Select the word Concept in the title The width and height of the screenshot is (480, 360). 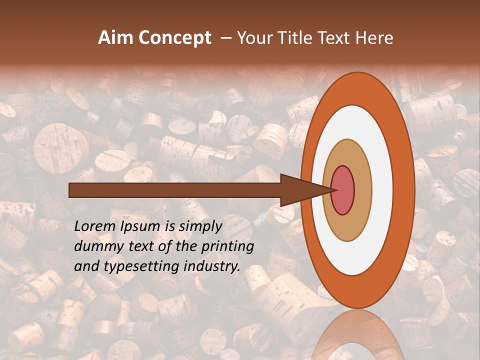[175, 38]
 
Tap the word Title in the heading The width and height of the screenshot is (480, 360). [296, 38]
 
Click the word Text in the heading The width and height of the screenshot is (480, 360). [336, 38]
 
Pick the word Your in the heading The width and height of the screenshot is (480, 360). [254, 38]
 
